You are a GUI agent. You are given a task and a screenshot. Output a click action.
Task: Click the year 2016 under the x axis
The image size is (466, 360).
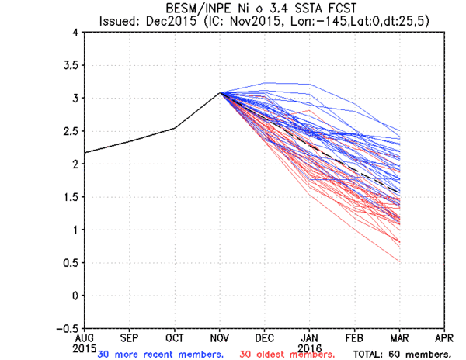click(x=310, y=348)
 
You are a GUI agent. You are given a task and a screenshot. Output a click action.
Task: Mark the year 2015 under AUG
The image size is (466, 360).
click(x=85, y=348)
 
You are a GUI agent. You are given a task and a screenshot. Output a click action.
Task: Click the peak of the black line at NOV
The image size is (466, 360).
click(x=221, y=93)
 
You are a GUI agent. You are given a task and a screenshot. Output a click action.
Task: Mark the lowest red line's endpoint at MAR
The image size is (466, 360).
click(x=400, y=262)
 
